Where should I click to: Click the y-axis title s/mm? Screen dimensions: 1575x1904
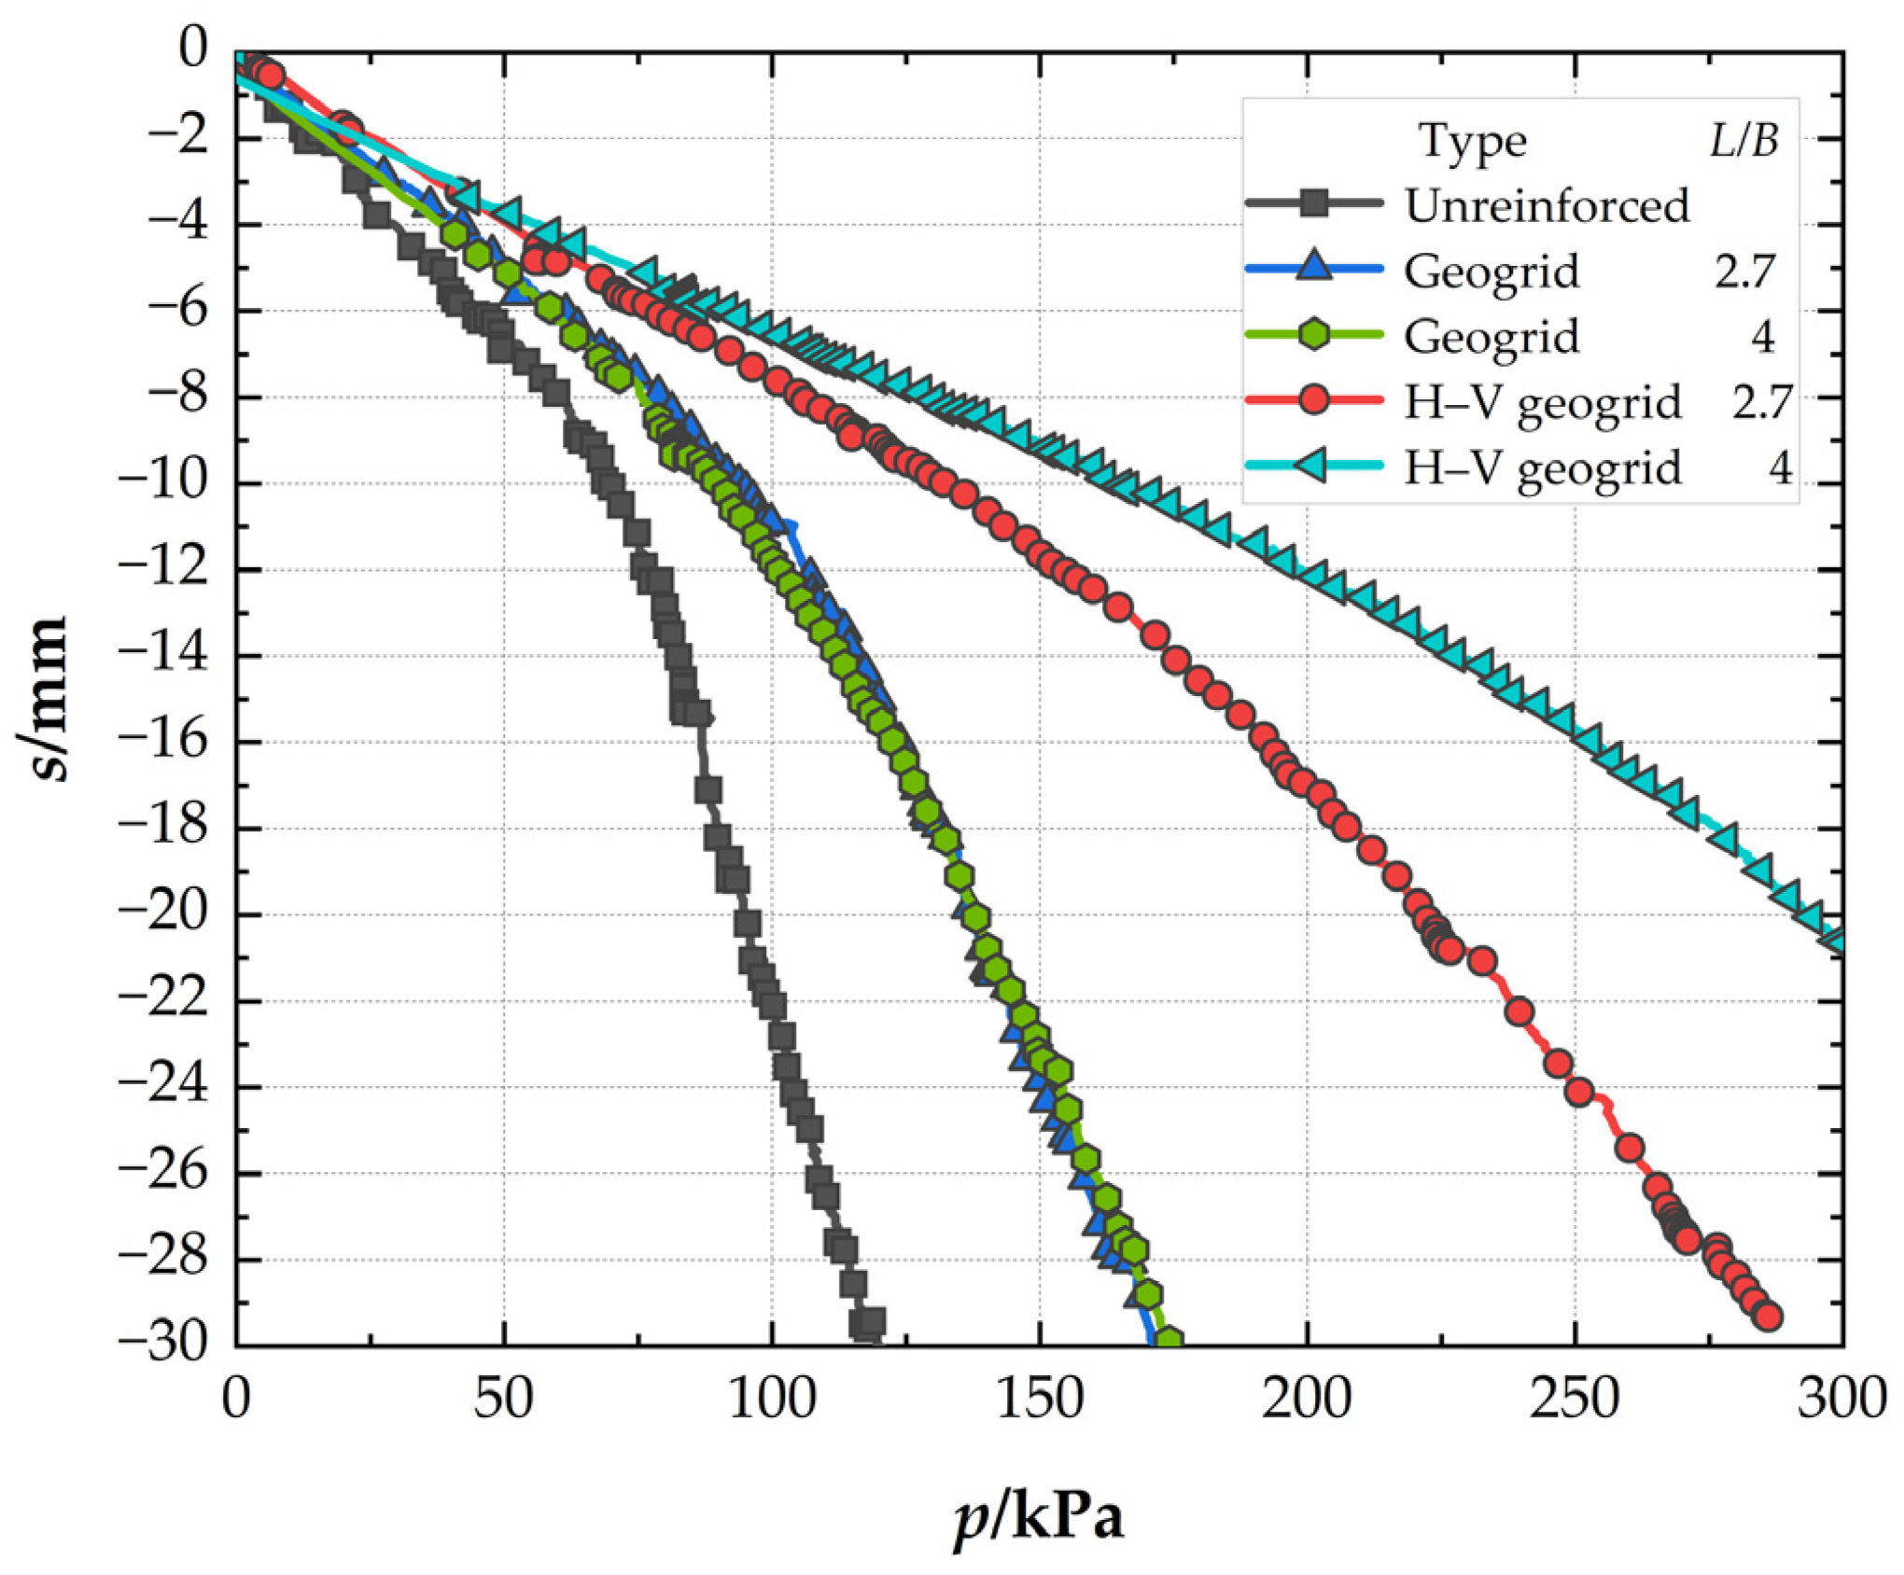(44, 697)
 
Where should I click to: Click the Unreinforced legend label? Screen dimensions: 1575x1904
(1547, 205)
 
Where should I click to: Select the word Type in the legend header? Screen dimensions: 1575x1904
(1473, 142)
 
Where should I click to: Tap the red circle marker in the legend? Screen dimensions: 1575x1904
(1313, 400)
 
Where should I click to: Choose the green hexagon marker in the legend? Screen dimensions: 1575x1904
(1313, 334)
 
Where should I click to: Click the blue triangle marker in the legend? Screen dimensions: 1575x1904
(1313, 267)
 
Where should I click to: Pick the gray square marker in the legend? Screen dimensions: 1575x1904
(1313, 202)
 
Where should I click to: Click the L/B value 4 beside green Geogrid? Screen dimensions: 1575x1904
(1762, 337)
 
